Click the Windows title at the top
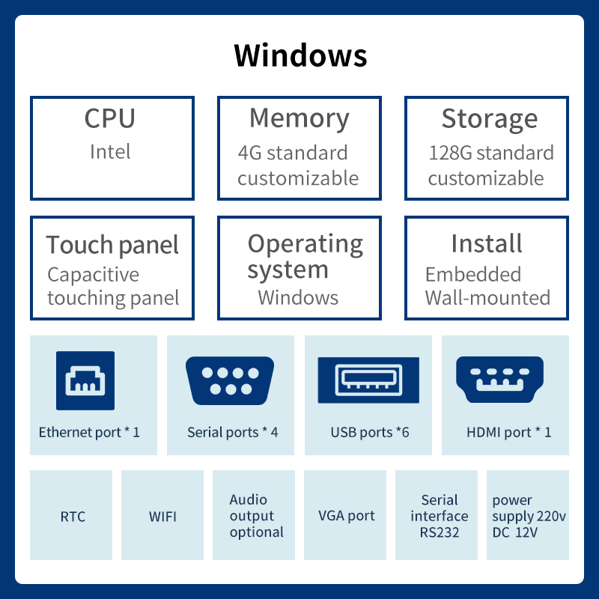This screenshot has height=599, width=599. point(300,55)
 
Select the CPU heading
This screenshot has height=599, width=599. point(110,118)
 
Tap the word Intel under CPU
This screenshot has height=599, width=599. point(110,152)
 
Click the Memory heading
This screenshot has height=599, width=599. point(299,119)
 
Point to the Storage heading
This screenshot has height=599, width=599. point(490,119)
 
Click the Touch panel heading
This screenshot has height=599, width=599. point(112,246)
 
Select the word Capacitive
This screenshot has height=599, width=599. point(93,275)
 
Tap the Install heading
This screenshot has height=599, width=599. point(486,243)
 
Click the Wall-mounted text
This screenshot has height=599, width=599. point(487,298)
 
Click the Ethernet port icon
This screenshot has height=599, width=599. point(85,380)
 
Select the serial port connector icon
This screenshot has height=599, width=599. point(230,380)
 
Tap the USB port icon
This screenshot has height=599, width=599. point(368,380)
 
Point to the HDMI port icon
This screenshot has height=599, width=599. point(499,380)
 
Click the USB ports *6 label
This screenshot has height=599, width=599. point(370,433)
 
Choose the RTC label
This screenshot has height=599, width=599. point(73,517)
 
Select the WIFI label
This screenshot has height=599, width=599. point(162,517)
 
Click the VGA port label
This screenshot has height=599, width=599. point(347,516)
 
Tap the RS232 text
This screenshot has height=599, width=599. point(440,532)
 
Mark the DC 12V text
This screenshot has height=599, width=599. point(515,532)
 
